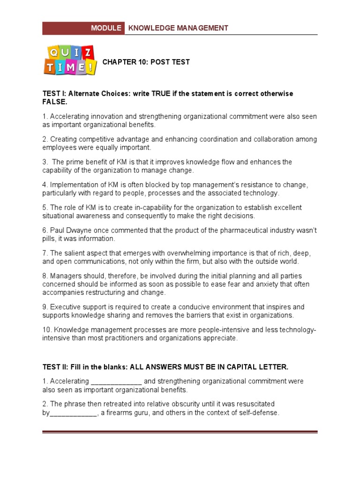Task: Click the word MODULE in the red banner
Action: [x=106, y=28]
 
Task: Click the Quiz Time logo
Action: [x=70, y=60]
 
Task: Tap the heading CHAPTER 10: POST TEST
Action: [x=146, y=62]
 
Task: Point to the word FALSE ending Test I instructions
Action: [x=55, y=102]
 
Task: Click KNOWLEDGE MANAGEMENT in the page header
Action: [x=178, y=28]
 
